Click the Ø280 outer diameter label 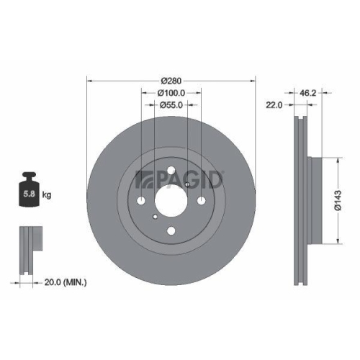click(171, 79)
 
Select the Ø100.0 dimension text click(171, 92)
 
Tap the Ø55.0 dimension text click(171, 105)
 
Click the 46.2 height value click(309, 92)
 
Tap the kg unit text click(46, 194)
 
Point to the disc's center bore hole click(171, 201)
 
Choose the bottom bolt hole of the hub click(171, 231)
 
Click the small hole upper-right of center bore click(186, 185)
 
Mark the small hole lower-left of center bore click(156, 217)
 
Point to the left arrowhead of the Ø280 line click(89, 79)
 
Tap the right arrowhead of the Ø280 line click(254, 79)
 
